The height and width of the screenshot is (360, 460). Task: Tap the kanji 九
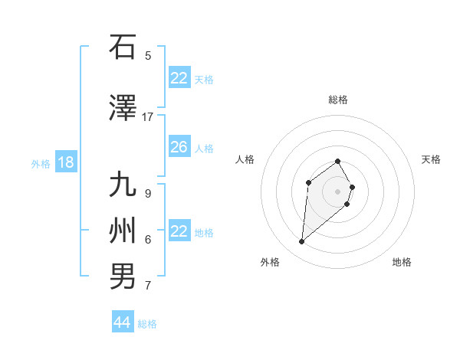pyautogui.click(x=123, y=186)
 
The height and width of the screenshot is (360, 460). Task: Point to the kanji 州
pyautogui.click(x=123, y=231)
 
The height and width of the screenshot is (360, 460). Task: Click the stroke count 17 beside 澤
pyautogui.click(x=148, y=117)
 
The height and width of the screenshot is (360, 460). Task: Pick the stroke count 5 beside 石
pyautogui.click(x=148, y=55)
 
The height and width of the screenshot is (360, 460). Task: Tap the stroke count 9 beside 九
pyautogui.click(x=148, y=193)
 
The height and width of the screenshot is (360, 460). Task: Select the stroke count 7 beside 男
pyautogui.click(x=148, y=286)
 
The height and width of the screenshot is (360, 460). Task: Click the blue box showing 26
pyautogui.click(x=179, y=147)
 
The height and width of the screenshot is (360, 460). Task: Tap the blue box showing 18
pyautogui.click(x=65, y=162)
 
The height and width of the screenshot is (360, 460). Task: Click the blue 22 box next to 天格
pyautogui.click(x=179, y=78)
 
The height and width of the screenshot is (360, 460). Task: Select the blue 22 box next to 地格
pyautogui.click(x=179, y=231)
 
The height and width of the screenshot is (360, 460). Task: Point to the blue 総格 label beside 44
pyautogui.click(x=147, y=324)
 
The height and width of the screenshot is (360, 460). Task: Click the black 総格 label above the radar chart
pyautogui.click(x=338, y=100)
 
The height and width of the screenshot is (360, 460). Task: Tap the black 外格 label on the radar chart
pyautogui.click(x=270, y=262)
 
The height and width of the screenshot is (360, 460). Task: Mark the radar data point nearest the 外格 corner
pyautogui.click(x=302, y=242)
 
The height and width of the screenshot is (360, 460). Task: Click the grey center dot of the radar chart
pyautogui.click(x=337, y=191)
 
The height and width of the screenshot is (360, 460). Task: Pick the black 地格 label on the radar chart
pyautogui.click(x=402, y=262)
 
